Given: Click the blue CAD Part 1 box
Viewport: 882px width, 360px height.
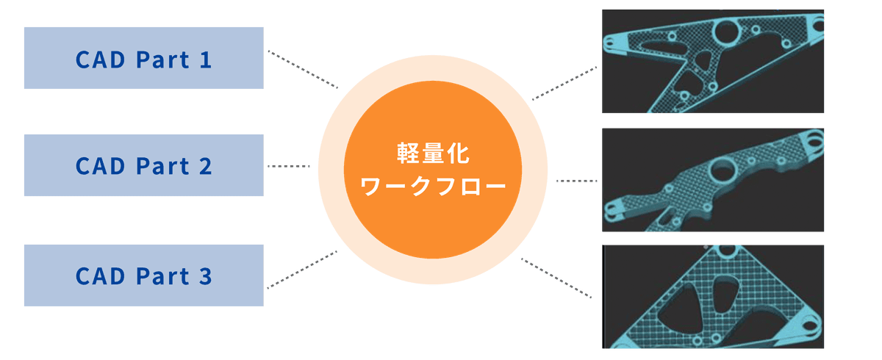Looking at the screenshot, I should click(x=143, y=57).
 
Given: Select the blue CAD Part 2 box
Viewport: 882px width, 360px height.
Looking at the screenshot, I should click(x=143, y=165).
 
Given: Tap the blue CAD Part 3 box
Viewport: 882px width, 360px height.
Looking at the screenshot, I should click(x=143, y=275).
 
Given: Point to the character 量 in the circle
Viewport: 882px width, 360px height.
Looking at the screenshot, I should click(x=433, y=155).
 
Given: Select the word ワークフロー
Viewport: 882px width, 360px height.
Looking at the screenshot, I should click(x=433, y=187).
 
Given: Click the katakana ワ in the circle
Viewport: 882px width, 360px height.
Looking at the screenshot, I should click(x=372, y=187).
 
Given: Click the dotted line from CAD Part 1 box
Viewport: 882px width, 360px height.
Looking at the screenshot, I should click(x=301, y=68).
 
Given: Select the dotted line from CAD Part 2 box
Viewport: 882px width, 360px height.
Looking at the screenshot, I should click(x=289, y=166).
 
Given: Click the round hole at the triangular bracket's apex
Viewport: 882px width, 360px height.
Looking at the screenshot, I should click(x=727, y=251).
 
